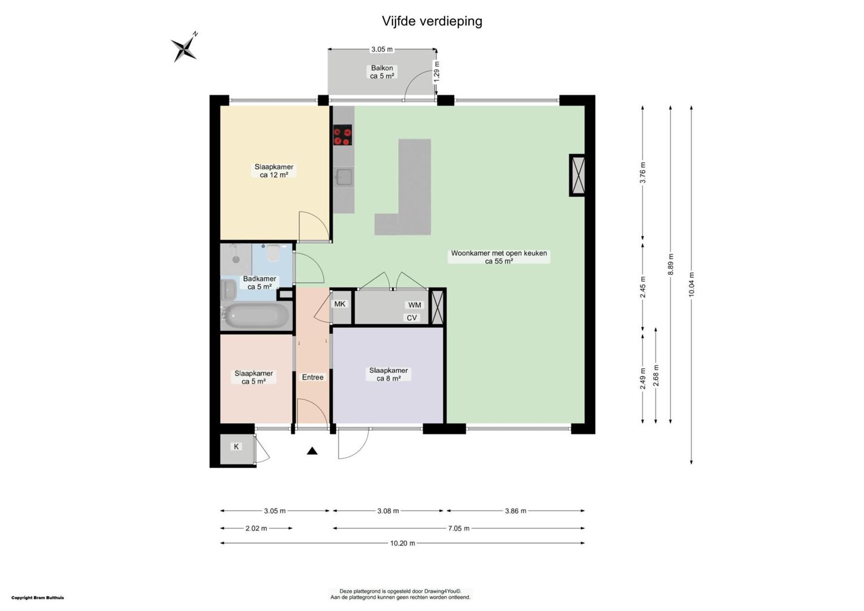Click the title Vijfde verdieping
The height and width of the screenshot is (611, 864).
click(x=432, y=21)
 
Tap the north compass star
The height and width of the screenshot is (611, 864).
click(x=185, y=48)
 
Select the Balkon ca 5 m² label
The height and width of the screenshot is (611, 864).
click(x=382, y=72)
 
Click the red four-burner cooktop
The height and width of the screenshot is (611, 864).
click(x=343, y=135)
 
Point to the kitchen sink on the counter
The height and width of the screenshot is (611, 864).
click(x=344, y=177)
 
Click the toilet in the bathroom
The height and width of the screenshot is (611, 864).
click(x=273, y=253)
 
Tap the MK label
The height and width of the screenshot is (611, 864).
click(x=340, y=304)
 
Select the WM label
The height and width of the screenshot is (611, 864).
click(x=414, y=305)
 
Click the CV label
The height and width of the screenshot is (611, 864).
click(x=412, y=318)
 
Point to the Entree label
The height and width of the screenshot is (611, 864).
click(x=313, y=377)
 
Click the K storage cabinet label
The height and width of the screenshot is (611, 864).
click(x=236, y=446)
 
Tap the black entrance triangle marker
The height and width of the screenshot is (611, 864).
click(x=312, y=451)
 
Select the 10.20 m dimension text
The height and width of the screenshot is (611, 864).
click(x=403, y=544)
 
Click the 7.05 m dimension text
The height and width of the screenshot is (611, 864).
click(x=459, y=528)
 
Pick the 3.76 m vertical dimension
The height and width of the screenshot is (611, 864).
click(x=642, y=173)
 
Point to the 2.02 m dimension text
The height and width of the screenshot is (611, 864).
click(x=256, y=528)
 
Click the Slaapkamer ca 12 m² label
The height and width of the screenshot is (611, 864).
click(x=274, y=171)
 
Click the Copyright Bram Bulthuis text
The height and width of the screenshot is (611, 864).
click(x=38, y=598)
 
